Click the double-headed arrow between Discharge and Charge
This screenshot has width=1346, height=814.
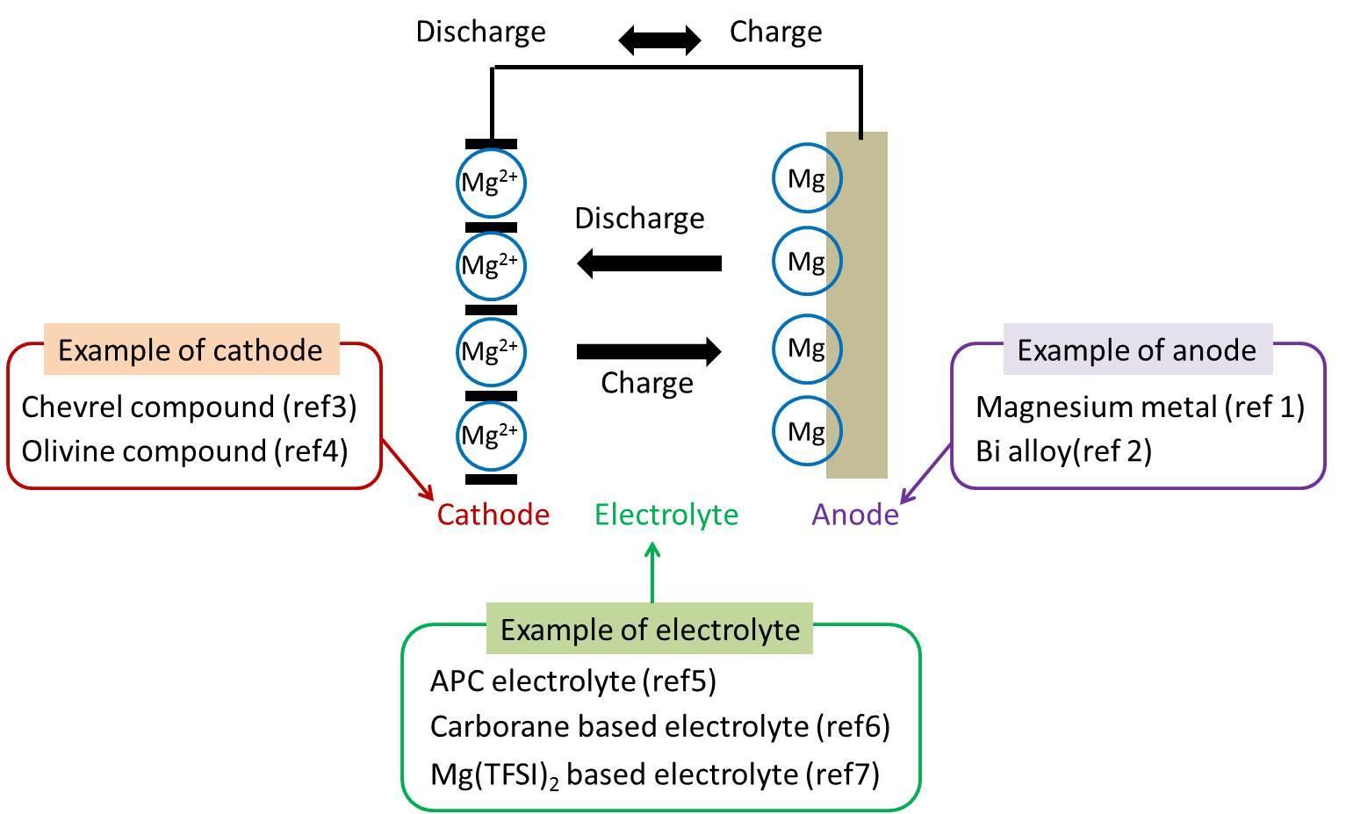[659, 40]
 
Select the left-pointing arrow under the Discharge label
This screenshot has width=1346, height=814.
[649, 263]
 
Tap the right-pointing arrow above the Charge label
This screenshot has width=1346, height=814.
[649, 352]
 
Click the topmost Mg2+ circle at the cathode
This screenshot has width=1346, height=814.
[491, 183]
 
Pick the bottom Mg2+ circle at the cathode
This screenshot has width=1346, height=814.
[491, 435]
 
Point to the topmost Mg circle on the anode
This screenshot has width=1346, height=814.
[806, 179]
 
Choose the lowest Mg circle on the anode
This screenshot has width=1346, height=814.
[806, 431]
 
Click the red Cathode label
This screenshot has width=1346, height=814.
[493, 515]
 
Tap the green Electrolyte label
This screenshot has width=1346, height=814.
[666, 515]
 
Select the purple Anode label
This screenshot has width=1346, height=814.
[855, 515]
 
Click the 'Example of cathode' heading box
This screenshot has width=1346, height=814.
[191, 349]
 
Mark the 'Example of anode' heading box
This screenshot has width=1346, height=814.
[1137, 349]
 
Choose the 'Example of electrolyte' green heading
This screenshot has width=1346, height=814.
[650, 630]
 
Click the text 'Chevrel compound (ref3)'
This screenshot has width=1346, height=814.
[189, 407]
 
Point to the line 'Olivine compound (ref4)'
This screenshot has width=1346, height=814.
[184, 450]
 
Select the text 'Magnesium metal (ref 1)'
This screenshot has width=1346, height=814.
[1140, 407]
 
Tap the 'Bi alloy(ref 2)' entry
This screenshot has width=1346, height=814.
[1063, 450]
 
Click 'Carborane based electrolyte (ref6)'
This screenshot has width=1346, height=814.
[659, 726]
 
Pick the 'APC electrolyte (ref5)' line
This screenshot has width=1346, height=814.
[572, 681]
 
